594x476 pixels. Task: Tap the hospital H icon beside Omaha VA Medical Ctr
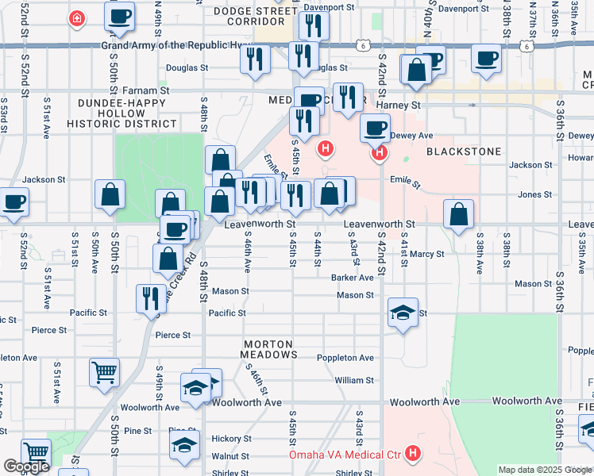[x=412, y=455]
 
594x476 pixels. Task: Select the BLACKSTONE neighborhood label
[x=465, y=151]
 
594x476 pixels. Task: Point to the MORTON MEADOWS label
[x=268, y=349]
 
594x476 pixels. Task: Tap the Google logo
[x=26, y=467]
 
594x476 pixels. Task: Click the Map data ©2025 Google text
[x=546, y=470]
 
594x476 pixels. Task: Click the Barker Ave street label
[x=353, y=278]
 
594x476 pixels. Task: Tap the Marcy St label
[x=426, y=255]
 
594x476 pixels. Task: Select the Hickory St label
[x=230, y=439]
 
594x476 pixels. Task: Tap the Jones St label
[x=534, y=194]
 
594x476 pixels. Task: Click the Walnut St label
[x=230, y=457]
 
